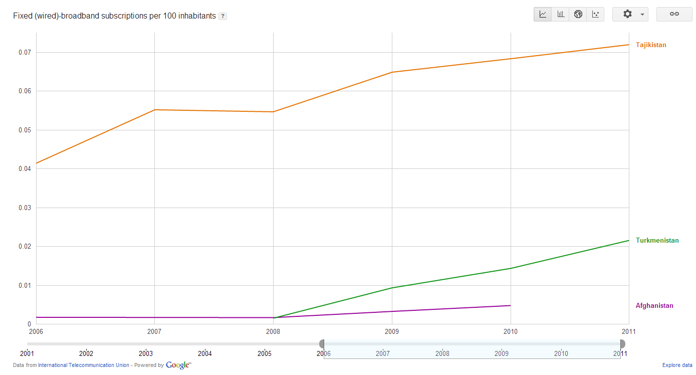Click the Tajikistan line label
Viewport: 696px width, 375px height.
[x=651, y=45]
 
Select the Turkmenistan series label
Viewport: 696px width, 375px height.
[x=657, y=241]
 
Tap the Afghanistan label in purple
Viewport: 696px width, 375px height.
[x=654, y=306]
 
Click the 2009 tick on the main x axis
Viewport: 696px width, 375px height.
[x=391, y=331]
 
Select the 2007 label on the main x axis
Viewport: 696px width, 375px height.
[x=154, y=331]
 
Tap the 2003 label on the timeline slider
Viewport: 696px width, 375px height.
[x=146, y=353]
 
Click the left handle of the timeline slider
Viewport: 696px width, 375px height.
[x=322, y=344]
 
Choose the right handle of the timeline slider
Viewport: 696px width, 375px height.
[x=622, y=344]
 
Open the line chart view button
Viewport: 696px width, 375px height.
[x=543, y=14]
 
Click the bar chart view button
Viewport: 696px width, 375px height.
[x=561, y=14]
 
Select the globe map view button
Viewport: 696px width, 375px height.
[x=578, y=14]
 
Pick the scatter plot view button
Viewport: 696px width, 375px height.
[x=595, y=14]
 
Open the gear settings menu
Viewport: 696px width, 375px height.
[x=630, y=14]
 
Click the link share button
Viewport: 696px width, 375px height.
[x=674, y=14]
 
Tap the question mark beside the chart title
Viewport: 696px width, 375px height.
[x=223, y=16]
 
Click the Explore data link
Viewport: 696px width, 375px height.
[x=677, y=365]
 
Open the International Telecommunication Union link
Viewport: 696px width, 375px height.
[x=83, y=365]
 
